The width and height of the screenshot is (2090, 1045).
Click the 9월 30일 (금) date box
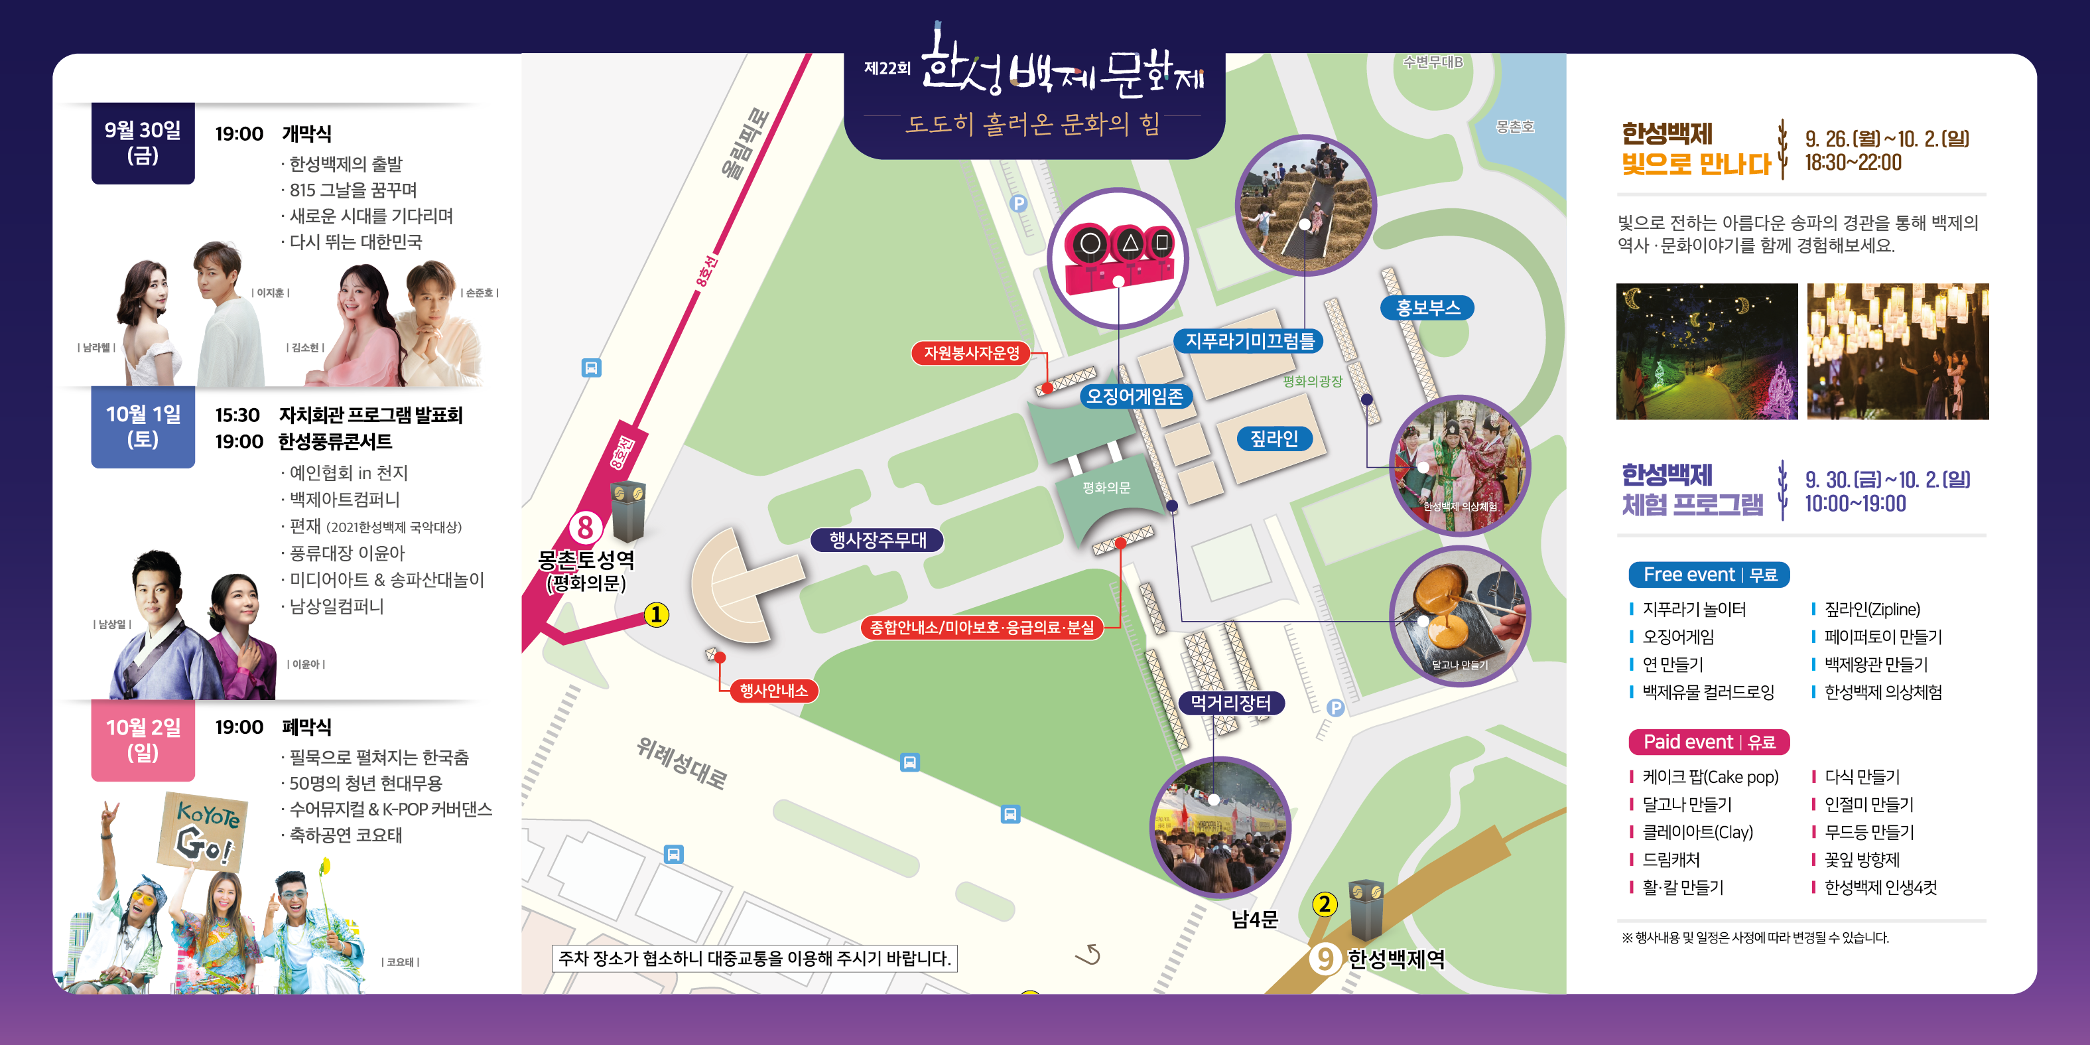[x=143, y=143]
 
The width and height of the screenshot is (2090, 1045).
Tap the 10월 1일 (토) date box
[x=143, y=427]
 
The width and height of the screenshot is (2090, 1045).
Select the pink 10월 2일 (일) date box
[x=143, y=740]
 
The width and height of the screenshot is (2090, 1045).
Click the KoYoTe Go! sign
[x=203, y=831]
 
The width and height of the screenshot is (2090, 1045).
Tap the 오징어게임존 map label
[x=1134, y=396]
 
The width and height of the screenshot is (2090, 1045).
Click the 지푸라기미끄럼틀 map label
[x=1250, y=341]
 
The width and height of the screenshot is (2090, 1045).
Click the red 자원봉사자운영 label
[x=971, y=353]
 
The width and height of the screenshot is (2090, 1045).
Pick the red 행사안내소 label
[x=773, y=691]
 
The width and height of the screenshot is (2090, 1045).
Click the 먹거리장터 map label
[x=1231, y=703]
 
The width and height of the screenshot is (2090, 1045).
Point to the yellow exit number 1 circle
[x=657, y=615]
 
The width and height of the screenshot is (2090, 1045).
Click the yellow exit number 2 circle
[x=1324, y=904]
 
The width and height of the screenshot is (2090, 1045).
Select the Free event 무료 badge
[x=1709, y=575]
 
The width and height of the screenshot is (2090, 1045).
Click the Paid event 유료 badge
[x=1709, y=742]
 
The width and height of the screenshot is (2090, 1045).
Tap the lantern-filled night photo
[x=1898, y=351]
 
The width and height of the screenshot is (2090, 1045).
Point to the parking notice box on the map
[x=753, y=958]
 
